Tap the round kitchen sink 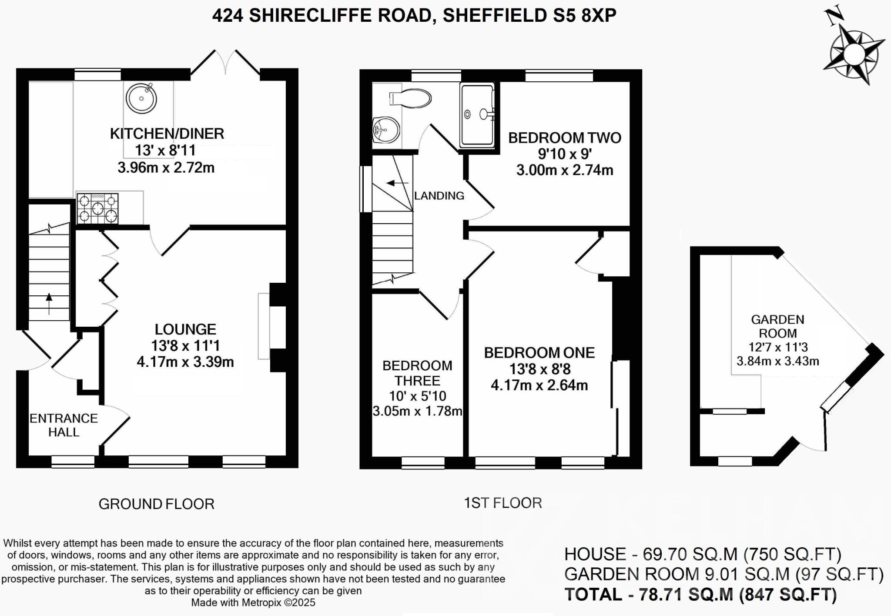[141, 98]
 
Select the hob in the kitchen [98, 208]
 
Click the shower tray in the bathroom [477, 115]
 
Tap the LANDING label [439, 196]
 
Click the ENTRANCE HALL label [64, 425]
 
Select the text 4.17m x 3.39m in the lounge [185, 362]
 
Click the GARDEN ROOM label [777, 326]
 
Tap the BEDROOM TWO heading [565, 138]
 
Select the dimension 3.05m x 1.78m [417, 411]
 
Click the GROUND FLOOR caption [156, 504]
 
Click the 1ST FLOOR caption [502, 503]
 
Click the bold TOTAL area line [700, 594]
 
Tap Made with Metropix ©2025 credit [253, 603]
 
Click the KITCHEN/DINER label [167, 134]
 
